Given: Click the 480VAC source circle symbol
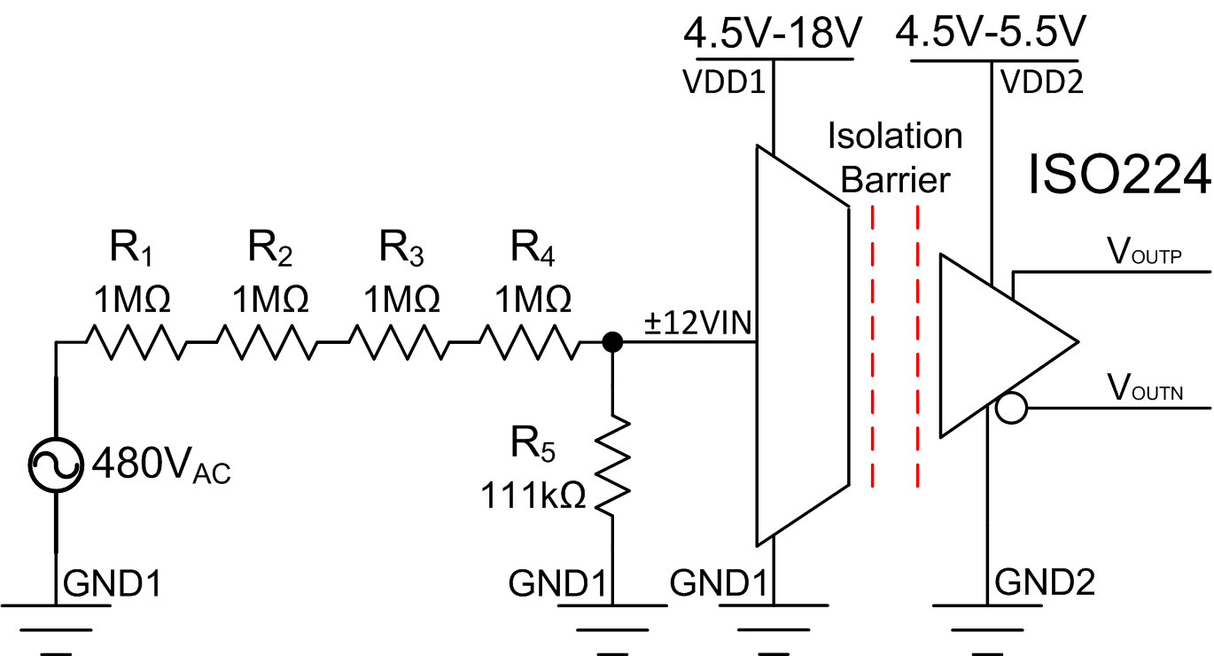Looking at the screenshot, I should pyautogui.click(x=56, y=461).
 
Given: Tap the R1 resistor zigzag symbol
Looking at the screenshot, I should pyautogui.click(x=136, y=341).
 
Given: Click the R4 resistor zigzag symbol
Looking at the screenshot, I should pyautogui.click(x=529, y=341).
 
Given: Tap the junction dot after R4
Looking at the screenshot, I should pyautogui.click(x=611, y=341).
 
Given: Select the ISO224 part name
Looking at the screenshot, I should pyautogui.click(x=1118, y=176).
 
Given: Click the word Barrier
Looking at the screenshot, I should pyautogui.click(x=895, y=180).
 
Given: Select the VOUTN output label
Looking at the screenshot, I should pyautogui.click(x=1147, y=388).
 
